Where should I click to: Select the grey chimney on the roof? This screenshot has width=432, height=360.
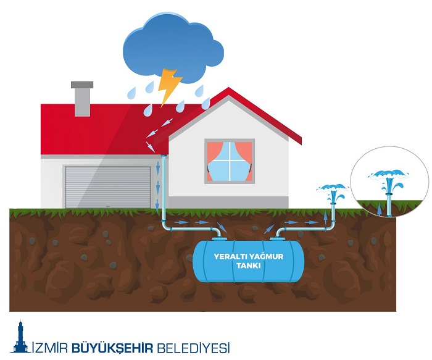point(82,98)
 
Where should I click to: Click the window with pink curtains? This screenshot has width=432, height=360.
point(230,161)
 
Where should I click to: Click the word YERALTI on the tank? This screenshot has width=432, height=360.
point(231,256)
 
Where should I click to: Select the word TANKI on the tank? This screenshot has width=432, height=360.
point(249,266)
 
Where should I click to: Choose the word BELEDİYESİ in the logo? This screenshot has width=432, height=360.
point(191,347)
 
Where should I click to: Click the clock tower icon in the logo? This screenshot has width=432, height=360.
point(20,338)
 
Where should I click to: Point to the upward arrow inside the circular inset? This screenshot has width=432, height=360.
point(380,208)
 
